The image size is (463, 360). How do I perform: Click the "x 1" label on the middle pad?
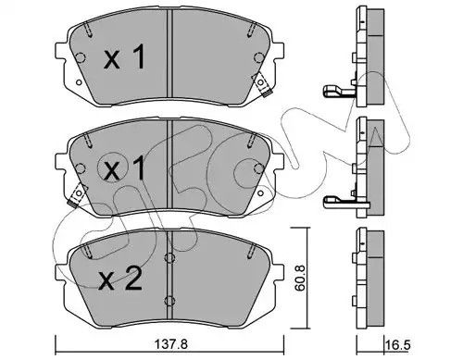coord(123,170)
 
